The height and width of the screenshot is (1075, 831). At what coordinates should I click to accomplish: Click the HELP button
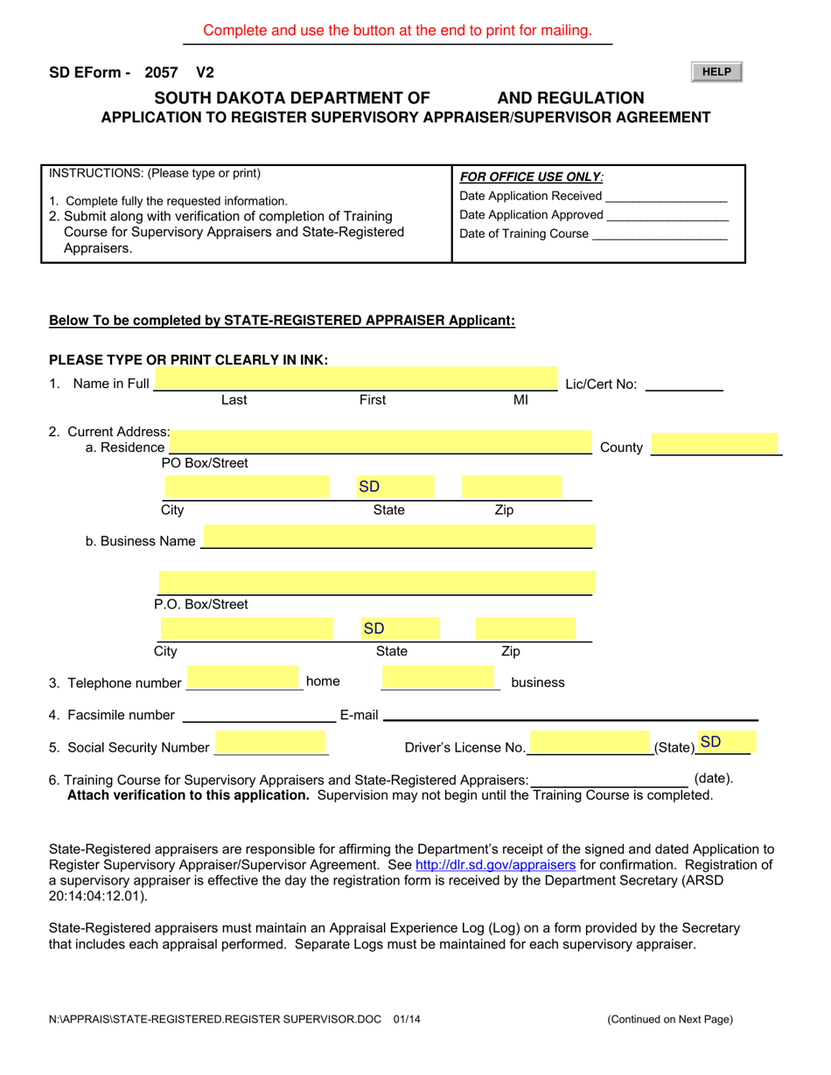click(x=716, y=73)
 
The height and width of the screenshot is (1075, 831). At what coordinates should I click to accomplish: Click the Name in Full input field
click(x=356, y=380)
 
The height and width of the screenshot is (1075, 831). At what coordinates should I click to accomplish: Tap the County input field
click(x=715, y=444)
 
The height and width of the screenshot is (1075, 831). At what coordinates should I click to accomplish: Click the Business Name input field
click(x=398, y=537)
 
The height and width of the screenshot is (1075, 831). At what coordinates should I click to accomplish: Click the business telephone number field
click(x=438, y=678)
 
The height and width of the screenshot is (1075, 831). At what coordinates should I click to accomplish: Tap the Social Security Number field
click(x=271, y=744)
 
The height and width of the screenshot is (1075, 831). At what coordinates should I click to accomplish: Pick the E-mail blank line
click(x=569, y=715)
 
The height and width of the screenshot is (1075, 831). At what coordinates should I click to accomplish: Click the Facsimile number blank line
click(x=257, y=715)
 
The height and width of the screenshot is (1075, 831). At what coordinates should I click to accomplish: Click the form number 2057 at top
click(x=161, y=73)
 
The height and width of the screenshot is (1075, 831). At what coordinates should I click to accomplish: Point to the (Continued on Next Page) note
click(x=670, y=1018)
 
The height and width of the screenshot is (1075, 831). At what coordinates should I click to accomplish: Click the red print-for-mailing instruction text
click(x=397, y=31)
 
